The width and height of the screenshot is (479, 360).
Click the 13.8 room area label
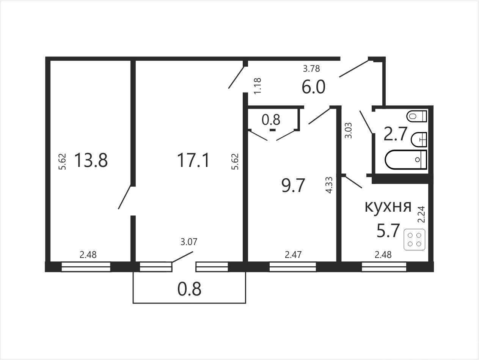coord(91,160)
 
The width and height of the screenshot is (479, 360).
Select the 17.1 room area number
coord(193,160)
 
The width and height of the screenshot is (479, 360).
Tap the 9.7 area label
coord(293,186)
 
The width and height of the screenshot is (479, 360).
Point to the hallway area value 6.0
coord(313,86)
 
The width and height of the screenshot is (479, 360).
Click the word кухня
coord(388,206)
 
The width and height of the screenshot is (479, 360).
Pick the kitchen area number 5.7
coord(388,230)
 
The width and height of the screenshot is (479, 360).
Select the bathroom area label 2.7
coord(396,134)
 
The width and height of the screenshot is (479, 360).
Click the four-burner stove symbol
coord(415,239)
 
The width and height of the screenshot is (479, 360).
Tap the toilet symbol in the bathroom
coord(416,116)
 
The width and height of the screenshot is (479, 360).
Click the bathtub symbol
coord(406,159)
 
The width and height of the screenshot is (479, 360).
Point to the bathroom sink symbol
coord(419,140)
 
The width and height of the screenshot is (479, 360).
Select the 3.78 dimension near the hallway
coord(311,69)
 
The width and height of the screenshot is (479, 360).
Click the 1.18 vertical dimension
coord(258,86)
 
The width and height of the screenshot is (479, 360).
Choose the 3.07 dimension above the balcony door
coord(189,242)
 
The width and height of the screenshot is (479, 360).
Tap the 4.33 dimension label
coord(329,185)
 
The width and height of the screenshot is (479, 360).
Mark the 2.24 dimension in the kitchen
coord(421,214)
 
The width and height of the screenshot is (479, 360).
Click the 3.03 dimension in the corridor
coord(348,131)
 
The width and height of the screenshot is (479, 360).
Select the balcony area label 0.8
coord(189,289)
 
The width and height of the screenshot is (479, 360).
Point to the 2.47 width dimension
coord(293,255)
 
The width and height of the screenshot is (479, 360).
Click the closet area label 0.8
coord(271,120)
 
